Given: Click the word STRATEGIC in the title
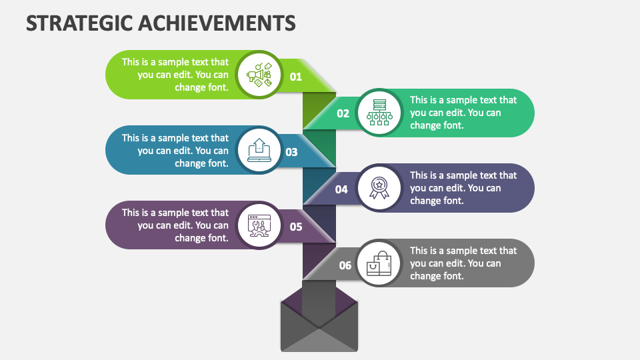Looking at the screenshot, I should click(79, 23).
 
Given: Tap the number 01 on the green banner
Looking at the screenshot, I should click(296, 77).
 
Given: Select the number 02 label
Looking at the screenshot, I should click(343, 113).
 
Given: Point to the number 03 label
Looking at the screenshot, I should click(291, 152).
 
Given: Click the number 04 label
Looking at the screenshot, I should click(341, 189).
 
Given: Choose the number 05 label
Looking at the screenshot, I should click(296, 227).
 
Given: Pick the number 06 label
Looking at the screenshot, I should click(345, 265).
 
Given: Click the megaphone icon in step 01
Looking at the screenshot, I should click(259, 75).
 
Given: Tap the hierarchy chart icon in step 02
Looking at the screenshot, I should click(379, 113).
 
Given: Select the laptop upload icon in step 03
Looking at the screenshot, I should click(259, 150).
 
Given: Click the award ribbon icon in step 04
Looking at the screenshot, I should click(379, 187).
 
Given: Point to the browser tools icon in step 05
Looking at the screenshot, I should click(259, 225).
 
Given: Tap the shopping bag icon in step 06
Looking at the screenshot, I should click(379, 263).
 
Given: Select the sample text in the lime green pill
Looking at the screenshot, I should click(175, 75).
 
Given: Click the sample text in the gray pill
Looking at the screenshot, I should click(463, 263).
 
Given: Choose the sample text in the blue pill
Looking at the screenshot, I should click(175, 151).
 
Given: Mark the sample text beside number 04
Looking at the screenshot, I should click(463, 188).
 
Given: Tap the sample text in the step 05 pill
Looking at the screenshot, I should click(175, 225).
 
